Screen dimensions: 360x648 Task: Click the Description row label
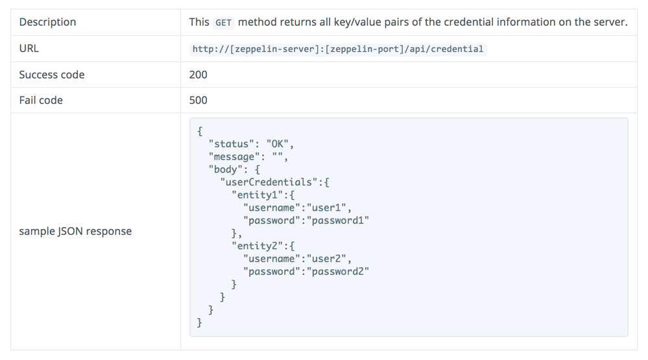[47, 22]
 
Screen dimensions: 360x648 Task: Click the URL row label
[29, 49]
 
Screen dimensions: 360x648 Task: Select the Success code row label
[52, 75]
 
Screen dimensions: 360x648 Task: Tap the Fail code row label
[41, 101]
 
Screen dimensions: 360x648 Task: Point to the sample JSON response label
[75, 232]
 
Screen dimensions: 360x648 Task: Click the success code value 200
[198, 75]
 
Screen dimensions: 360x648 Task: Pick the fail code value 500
[198, 101]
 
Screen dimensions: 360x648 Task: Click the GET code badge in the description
[223, 23]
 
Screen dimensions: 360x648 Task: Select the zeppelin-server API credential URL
[337, 49]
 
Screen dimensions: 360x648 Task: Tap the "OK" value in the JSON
[277, 144]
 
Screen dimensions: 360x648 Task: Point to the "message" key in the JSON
[235, 157]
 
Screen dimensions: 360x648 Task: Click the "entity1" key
[258, 195]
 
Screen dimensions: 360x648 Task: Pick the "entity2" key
[258, 246]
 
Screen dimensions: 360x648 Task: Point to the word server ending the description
[609, 22]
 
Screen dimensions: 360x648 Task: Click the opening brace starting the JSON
[200, 131]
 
